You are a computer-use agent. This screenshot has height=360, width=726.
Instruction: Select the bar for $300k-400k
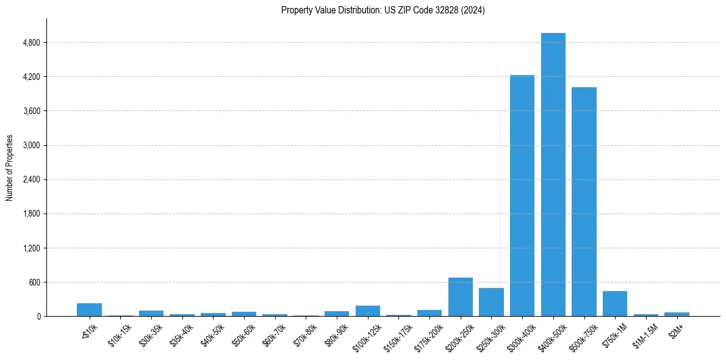point(522,195)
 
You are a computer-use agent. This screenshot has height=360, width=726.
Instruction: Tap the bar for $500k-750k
point(584,201)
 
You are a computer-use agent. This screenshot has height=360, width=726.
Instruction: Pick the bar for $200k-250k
point(460,297)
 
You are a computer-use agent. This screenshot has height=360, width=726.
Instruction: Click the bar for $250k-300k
point(491,302)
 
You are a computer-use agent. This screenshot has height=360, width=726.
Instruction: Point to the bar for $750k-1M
point(614,304)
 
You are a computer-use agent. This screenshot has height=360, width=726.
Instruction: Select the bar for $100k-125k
point(367,311)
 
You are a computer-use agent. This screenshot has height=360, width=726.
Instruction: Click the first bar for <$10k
point(89,310)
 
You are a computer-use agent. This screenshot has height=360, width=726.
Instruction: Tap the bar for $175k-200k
point(429,313)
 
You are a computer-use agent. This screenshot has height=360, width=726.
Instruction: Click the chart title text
point(383,10)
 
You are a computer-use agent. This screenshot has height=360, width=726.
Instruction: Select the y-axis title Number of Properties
point(10,167)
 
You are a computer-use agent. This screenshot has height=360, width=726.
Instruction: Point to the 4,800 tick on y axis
point(31,43)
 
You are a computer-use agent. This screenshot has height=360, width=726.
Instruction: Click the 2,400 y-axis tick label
point(31,179)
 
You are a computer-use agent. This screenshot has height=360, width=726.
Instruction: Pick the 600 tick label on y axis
point(35,283)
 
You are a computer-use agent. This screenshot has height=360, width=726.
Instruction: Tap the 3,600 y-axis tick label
point(31,111)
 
